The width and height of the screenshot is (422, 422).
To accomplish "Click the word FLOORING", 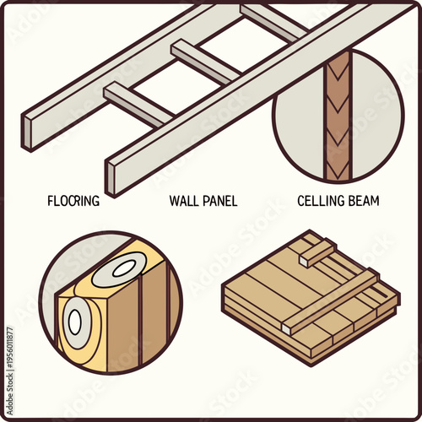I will click(73, 201).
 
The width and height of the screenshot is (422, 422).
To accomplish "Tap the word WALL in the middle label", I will click(184, 201).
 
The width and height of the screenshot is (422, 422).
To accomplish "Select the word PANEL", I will click(219, 201).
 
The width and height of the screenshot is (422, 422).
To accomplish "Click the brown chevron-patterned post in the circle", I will click(338, 118).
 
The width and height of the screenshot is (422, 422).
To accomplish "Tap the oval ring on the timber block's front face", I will click(74, 322).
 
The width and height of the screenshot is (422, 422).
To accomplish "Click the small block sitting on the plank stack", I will click(317, 250).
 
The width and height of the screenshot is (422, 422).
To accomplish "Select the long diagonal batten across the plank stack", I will click(338, 296).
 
